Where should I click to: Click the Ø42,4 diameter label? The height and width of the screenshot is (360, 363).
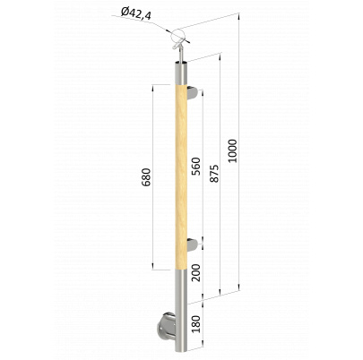pos(135,14)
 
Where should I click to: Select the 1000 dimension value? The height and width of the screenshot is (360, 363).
pos(232,150)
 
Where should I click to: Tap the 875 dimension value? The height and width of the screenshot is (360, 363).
pos(214,174)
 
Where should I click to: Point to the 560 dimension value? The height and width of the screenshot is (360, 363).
pos(196,166)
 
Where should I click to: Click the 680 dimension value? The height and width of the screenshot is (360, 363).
pos(146,177)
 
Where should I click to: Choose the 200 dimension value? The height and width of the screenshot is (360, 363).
pos(196,273)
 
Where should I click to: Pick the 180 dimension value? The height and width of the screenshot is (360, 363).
pos(196,324)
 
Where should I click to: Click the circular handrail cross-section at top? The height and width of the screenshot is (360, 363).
pos(177,36)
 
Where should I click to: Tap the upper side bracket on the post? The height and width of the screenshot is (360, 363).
pos(193,92)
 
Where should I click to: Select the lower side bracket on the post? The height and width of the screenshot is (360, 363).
pos(193,244)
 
